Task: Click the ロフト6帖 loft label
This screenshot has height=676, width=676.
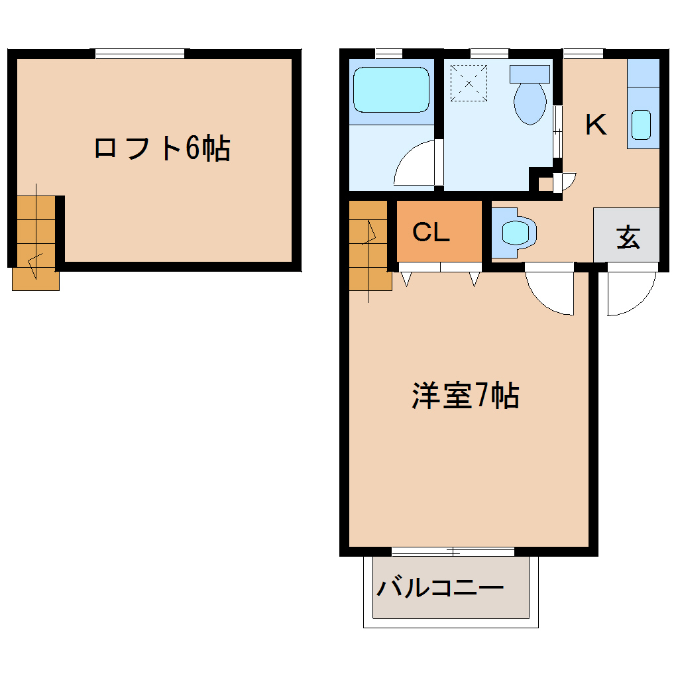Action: (x=162, y=148)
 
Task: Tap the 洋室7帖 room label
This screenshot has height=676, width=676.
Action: (x=465, y=396)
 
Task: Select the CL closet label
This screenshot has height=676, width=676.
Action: (x=431, y=232)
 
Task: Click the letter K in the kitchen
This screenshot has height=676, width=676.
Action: (x=596, y=125)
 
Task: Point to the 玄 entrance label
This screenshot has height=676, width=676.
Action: (x=628, y=237)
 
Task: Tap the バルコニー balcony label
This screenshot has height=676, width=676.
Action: (x=440, y=588)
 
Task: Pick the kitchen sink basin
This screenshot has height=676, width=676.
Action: (x=641, y=125)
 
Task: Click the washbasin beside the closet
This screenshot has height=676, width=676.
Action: (x=517, y=232)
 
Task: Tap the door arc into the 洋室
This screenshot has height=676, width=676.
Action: (x=551, y=292)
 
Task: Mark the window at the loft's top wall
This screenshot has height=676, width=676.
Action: (x=140, y=54)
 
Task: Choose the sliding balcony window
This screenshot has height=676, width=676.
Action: (x=453, y=551)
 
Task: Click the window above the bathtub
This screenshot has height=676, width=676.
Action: (x=389, y=54)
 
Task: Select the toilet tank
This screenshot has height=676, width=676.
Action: (x=530, y=74)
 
